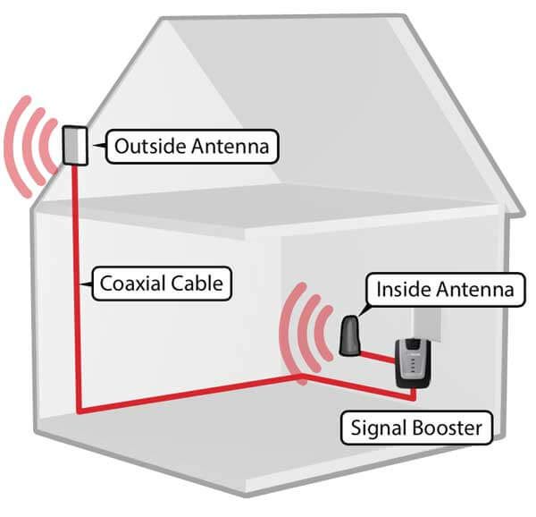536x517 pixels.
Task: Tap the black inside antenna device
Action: (x=350, y=335)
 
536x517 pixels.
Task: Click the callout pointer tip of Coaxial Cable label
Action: (x=83, y=284)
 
